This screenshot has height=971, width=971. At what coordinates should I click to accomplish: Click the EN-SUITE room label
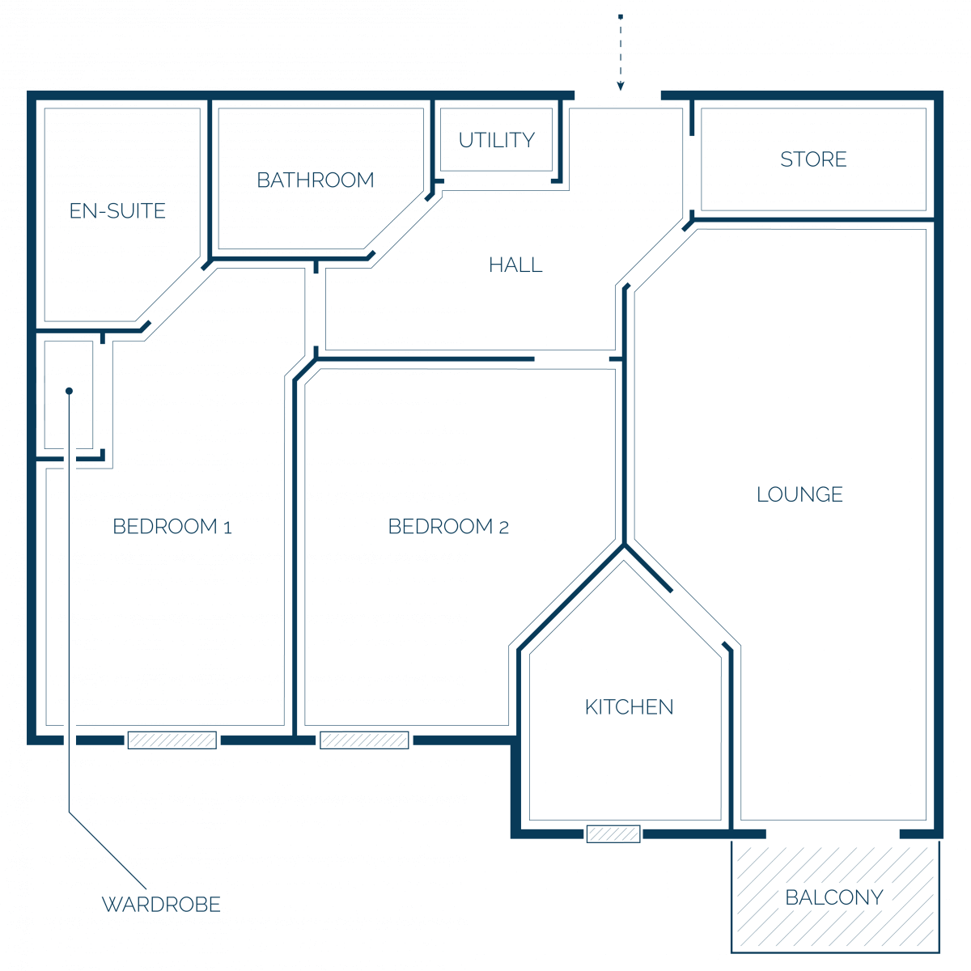point(117,210)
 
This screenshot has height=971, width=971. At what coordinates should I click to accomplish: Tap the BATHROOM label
point(316,180)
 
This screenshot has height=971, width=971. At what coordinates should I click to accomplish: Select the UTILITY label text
point(496,140)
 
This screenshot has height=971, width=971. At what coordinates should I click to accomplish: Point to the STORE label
point(812,159)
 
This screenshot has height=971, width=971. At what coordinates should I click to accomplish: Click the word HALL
point(515,265)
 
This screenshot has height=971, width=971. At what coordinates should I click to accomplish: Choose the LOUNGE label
point(799,494)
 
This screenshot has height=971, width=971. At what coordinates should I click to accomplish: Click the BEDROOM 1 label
point(172,527)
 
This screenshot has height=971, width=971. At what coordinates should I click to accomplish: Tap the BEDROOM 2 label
point(448,527)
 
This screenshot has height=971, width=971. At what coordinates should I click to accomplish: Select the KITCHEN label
point(629,707)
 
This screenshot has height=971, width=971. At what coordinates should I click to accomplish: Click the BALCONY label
point(834,897)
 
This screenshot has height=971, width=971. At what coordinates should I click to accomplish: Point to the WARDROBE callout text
point(161,905)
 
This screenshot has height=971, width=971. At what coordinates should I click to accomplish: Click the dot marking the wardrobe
point(69,391)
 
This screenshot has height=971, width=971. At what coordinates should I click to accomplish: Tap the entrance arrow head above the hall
point(621,86)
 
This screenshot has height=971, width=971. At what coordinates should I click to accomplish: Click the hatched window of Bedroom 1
point(172,740)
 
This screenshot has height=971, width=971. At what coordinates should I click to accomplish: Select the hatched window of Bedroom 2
point(364,740)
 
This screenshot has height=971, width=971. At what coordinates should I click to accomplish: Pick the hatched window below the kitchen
point(613,834)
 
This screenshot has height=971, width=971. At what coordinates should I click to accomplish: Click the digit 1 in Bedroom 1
point(227,528)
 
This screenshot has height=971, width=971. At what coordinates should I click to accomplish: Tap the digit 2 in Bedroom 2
point(504,528)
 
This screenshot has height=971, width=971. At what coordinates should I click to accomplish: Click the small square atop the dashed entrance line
point(621,17)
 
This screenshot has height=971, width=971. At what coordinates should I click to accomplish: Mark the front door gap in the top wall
point(617,95)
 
